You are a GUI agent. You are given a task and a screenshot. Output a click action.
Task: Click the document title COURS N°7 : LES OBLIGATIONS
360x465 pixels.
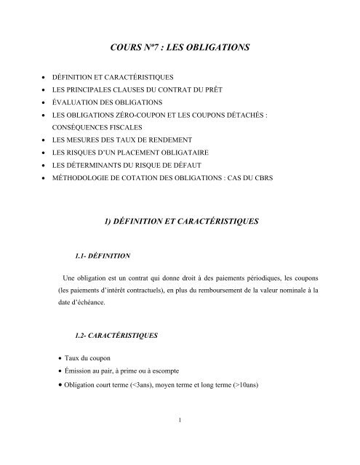[x=180, y=47]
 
